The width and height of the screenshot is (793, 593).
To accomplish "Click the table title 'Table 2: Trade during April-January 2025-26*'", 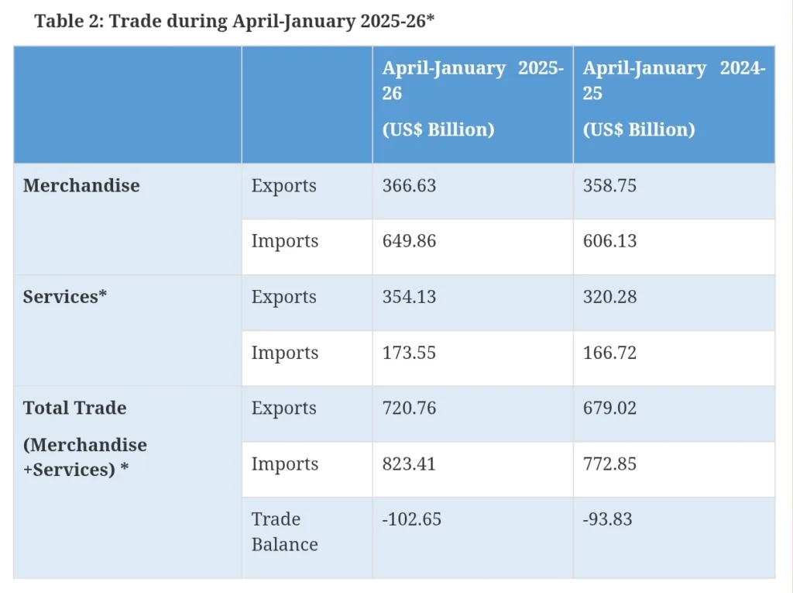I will tap(234, 21).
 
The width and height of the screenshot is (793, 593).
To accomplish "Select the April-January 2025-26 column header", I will tap(472, 98).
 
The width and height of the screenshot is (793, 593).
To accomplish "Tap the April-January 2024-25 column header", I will tap(674, 98).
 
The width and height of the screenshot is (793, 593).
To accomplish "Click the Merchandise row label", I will tap(81, 186).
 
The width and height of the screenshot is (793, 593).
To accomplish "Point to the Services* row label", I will tap(65, 298).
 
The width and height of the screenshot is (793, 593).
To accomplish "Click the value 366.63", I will tap(409, 186).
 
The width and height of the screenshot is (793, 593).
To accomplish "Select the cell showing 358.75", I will tap(610, 186).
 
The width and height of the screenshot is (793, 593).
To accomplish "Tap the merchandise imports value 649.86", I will tap(409, 242).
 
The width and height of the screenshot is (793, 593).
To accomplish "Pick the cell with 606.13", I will tap(610, 242).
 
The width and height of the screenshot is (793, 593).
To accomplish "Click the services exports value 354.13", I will tap(409, 298).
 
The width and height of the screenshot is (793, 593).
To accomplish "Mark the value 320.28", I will tap(610, 298).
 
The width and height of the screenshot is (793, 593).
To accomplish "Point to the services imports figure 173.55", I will tap(409, 353).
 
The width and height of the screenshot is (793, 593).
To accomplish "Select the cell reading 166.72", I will tap(610, 353).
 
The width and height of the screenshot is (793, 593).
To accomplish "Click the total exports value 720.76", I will tap(409, 409).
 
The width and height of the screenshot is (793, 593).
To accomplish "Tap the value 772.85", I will tap(610, 464).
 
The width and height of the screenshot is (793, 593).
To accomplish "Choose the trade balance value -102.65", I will tap(412, 519).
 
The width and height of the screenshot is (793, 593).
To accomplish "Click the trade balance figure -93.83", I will tap(608, 519).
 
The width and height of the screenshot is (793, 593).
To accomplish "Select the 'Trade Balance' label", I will tap(284, 532).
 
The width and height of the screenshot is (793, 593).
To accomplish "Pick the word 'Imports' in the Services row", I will tap(284, 353).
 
